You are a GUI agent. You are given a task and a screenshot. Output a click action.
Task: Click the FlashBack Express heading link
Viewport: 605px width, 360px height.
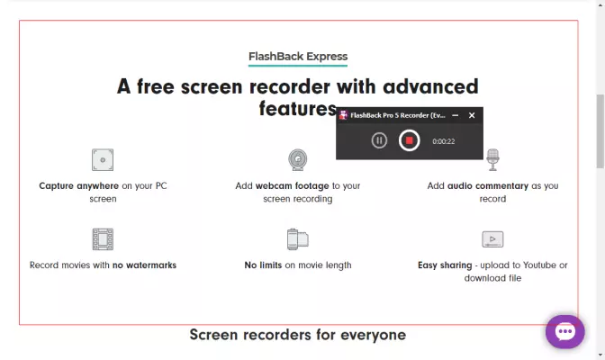click(298, 57)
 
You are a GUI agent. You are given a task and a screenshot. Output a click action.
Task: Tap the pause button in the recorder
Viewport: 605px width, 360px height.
click(379, 140)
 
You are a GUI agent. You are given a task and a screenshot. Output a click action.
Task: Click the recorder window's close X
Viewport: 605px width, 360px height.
click(472, 115)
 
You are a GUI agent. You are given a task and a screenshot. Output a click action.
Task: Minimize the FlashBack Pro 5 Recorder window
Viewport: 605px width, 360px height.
click(456, 115)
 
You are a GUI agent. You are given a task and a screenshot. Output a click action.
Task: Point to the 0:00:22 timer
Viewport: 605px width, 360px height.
click(443, 141)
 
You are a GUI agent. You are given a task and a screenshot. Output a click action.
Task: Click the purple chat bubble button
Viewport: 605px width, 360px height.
click(564, 332)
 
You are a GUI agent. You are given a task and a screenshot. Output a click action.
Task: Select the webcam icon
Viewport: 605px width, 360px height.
click(298, 159)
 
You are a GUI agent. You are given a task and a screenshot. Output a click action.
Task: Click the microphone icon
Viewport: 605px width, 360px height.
click(492, 159)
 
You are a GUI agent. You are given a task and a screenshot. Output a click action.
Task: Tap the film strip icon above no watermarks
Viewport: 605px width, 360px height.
click(103, 239)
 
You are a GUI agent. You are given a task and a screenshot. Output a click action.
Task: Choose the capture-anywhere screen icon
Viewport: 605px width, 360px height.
click(103, 159)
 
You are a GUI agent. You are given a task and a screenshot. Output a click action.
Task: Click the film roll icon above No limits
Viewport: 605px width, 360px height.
click(298, 239)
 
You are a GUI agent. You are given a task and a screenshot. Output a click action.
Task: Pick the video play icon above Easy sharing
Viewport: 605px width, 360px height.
click(492, 239)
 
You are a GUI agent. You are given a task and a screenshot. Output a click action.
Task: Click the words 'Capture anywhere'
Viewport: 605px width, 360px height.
click(78, 186)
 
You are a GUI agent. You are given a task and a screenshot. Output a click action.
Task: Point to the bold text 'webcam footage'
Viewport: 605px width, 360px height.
click(292, 186)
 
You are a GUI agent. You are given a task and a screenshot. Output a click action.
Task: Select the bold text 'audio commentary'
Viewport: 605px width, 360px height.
click(488, 186)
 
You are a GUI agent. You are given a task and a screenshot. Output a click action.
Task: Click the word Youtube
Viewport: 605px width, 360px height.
click(540, 265)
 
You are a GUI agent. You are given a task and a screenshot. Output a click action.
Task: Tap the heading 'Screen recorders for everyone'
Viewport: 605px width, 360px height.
click(298, 335)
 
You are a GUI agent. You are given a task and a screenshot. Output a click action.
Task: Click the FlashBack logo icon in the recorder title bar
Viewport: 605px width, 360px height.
click(343, 115)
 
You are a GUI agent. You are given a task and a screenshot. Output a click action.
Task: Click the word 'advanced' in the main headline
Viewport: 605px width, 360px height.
click(430, 86)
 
